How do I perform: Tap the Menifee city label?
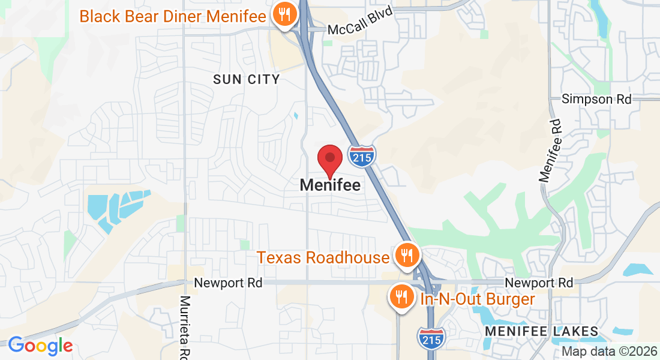point(330,185)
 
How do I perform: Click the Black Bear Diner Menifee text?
point(173,16)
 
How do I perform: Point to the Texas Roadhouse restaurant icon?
point(407,256)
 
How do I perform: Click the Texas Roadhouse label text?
point(323,257)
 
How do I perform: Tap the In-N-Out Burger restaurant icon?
point(400,296)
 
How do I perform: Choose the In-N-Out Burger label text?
point(478,299)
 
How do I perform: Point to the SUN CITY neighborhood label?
point(247,79)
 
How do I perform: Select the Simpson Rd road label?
point(596,99)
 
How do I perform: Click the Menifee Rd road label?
point(550,151)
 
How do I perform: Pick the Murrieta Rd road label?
point(185,327)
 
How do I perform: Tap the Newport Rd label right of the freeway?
point(539,282)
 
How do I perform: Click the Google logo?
point(40,345)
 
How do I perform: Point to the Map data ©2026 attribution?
point(609,352)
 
